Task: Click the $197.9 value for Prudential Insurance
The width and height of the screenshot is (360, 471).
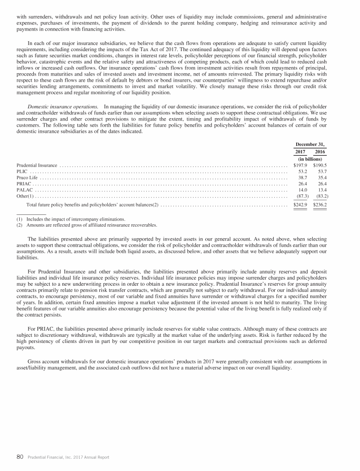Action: (300, 165)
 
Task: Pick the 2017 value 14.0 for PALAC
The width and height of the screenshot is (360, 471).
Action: (302, 190)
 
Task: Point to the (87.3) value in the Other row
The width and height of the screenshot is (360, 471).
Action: (300, 196)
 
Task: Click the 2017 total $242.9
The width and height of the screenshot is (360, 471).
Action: (300, 205)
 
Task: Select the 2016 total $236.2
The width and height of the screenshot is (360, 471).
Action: (320, 205)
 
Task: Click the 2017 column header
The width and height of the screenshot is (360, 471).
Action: (300, 152)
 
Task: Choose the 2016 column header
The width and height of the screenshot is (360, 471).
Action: (320, 152)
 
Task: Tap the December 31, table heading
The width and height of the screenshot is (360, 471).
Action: (310, 144)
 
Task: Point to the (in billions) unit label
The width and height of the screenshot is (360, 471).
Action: (310, 159)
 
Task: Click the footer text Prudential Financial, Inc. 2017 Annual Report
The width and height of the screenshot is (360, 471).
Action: (68, 457)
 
